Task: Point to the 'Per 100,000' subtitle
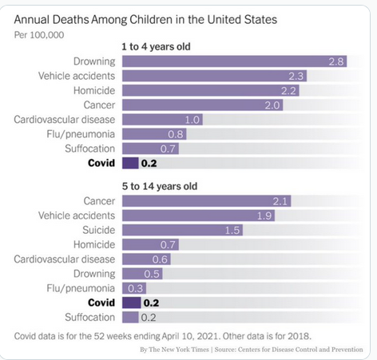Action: (x=39, y=35)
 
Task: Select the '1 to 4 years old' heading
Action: (x=156, y=47)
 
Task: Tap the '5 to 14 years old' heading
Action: (x=160, y=186)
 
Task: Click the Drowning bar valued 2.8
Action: (x=235, y=61)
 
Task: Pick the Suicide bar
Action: (x=182, y=230)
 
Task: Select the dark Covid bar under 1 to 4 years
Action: (x=130, y=163)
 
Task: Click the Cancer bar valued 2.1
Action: (x=207, y=201)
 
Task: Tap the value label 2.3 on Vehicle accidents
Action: (x=296, y=77)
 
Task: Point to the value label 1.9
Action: (x=264, y=216)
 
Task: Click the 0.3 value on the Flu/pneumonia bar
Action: (x=135, y=288)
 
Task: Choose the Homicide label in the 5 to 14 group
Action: (x=94, y=244)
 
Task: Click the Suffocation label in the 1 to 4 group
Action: (x=90, y=148)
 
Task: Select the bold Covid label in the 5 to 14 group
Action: (x=101, y=303)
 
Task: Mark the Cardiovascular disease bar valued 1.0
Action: (x=162, y=120)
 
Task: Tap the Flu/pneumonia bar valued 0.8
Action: (x=154, y=134)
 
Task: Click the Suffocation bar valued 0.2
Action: (x=130, y=318)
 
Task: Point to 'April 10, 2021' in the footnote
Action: (x=191, y=336)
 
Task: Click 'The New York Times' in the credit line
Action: (x=179, y=350)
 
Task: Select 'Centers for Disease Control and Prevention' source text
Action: (x=300, y=350)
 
